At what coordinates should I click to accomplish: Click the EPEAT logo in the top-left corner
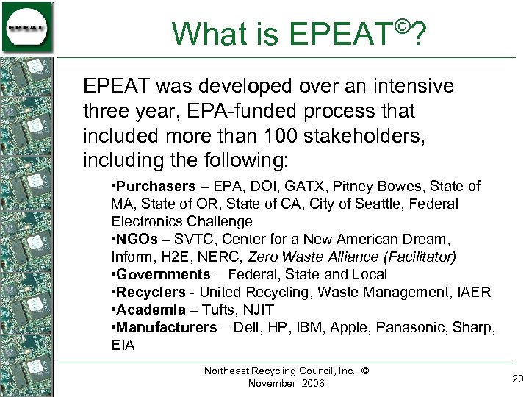click(27, 27)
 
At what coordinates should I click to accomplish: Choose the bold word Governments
click(164, 274)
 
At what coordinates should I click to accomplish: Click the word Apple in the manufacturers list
click(348, 327)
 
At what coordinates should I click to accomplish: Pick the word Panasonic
click(406, 327)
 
